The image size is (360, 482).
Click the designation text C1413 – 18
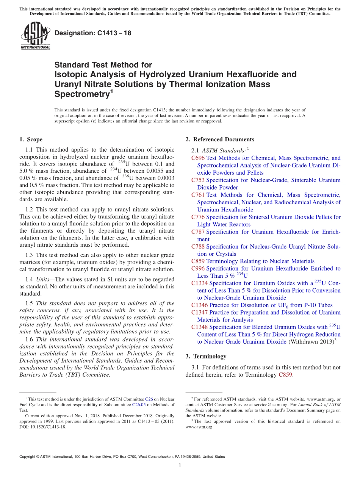93,33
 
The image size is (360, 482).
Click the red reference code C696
198,158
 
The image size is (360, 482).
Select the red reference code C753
198,180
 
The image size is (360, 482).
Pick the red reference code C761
198,195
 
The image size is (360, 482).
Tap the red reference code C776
198,217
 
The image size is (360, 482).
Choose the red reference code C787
198,232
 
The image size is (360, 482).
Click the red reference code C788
198,246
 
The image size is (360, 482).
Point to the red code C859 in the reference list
198,261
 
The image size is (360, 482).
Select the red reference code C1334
199,283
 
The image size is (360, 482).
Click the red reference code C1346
199,305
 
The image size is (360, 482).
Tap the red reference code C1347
199,313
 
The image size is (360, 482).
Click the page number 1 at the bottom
180,466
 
